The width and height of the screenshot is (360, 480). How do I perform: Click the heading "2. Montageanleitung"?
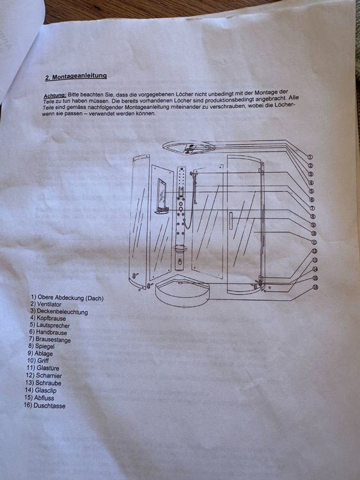pyautogui.click(x=76, y=76)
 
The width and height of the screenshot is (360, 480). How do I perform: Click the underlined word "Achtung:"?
pyautogui.click(x=55, y=95)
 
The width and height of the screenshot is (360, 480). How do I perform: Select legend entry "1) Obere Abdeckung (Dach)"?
pyautogui.click(x=67, y=297)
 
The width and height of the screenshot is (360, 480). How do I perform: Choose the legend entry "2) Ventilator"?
pyautogui.click(x=46, y=304)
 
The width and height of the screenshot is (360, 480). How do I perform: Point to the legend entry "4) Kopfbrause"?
pyautogui.click(x=48, y=318)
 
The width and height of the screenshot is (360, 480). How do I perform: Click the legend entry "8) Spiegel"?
pyautogui.click(x=42, y=346)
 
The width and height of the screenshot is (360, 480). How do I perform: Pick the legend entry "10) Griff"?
pyautogui.click(x=38, y=360)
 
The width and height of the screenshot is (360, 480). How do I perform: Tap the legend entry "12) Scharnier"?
pyautogui.click(x=44, y=375)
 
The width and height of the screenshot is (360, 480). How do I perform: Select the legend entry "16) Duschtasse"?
pyautogui.click(x=45, y=406)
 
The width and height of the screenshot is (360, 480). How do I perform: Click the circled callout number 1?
pyautogui.click(x=310, y=157)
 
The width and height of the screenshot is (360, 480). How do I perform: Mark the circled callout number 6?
pyautogui.click(x=311, y=200)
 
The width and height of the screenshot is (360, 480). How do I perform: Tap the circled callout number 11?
pyautogui.click(x=314, y=242)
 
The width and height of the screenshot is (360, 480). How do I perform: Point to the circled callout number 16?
pyautogui.click(x=315, y=287)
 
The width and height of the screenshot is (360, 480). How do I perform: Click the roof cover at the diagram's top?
pyautogui.click(x=189, y=147)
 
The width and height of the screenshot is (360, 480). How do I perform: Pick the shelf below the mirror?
pyautogui.click(x=162, y=211)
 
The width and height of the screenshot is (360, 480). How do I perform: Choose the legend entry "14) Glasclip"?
pyautogui.click(x=41, y=390)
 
